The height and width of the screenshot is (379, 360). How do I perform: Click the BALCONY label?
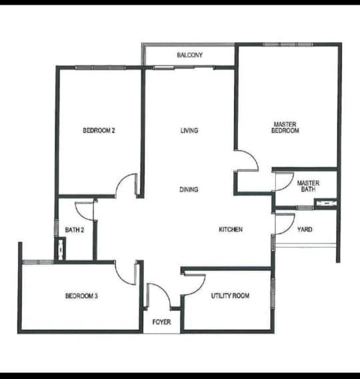tap(189, 55)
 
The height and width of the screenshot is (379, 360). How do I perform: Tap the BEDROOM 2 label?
tap(99, 131)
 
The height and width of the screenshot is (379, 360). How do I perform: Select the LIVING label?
tap(189, 131)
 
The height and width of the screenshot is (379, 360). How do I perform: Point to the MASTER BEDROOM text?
tap(285, 127)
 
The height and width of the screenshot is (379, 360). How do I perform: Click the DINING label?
tap(189, 190)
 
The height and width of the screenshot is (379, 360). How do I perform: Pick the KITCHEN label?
tap(231, 230)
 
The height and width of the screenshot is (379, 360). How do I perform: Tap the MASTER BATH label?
tap(308, 186)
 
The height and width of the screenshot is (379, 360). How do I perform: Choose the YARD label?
tap(305, 230)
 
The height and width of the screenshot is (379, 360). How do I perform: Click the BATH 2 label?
tap(75, 230)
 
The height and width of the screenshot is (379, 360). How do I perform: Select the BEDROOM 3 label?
tap(81, 296)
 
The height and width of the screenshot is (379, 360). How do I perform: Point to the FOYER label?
tap(161, 322)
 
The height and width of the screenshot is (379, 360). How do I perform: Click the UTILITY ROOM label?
tap(230, 296)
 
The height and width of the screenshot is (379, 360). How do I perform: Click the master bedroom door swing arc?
tap(254, 157)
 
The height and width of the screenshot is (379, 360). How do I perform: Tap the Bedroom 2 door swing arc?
tap(121, 180)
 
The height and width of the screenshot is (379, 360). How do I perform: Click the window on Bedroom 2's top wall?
tap(100, 67)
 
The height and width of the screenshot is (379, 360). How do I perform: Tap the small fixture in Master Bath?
tap(326, 203)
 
